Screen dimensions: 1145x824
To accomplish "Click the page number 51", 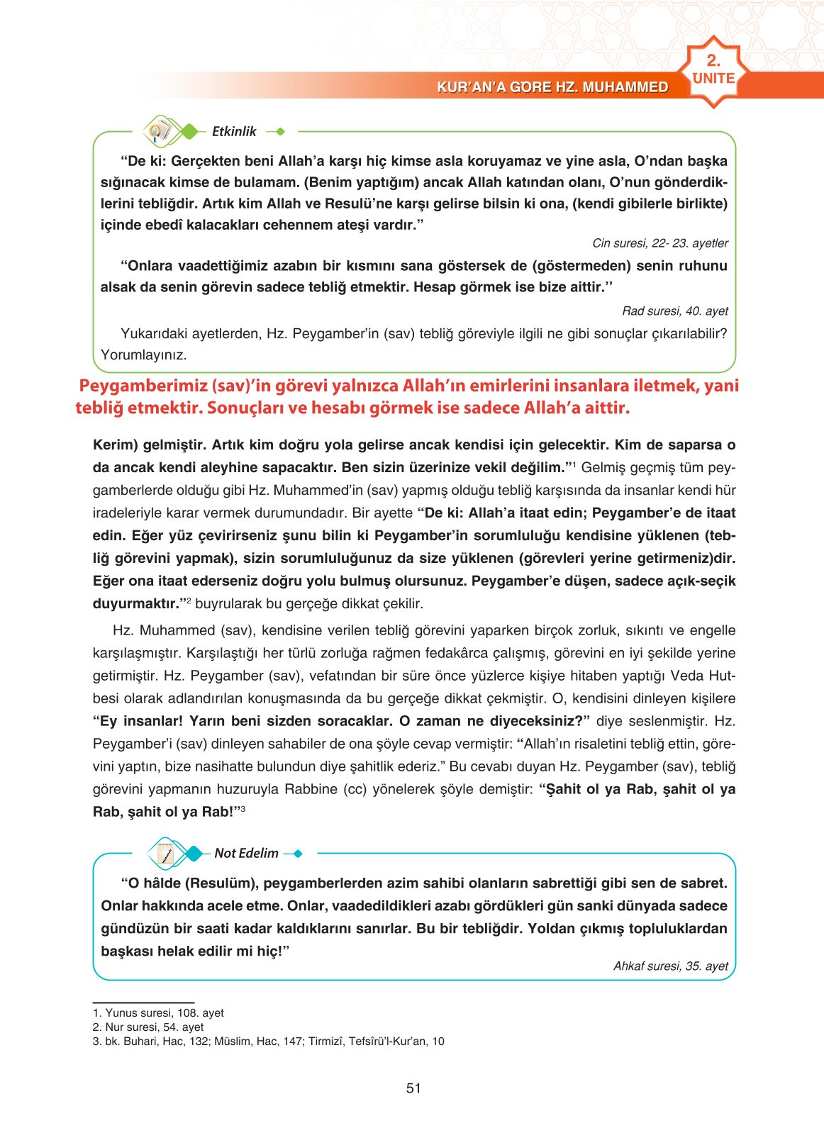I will [413, 1088].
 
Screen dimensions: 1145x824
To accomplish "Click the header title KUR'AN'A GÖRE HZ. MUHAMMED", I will [552, 87].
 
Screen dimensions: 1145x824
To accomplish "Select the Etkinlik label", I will [234, 131].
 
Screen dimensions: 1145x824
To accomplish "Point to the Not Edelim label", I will [246, 853].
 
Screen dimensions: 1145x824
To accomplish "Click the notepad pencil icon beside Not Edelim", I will [166, 854].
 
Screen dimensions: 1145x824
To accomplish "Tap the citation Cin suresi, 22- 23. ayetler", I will [659, 243].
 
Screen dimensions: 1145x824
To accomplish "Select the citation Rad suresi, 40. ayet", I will [674, 311].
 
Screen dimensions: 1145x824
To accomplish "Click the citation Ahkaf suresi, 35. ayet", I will [670, 966].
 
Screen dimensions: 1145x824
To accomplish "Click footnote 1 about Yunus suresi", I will [158, 1013].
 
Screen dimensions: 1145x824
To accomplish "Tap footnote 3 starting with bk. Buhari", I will [268, 1041].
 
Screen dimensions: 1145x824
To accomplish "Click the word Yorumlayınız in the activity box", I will [143, 355].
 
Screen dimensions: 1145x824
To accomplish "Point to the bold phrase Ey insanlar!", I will [138, 721].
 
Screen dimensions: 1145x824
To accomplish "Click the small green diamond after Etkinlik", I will [280, 131].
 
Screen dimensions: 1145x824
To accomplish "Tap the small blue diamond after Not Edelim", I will [297, 854].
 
